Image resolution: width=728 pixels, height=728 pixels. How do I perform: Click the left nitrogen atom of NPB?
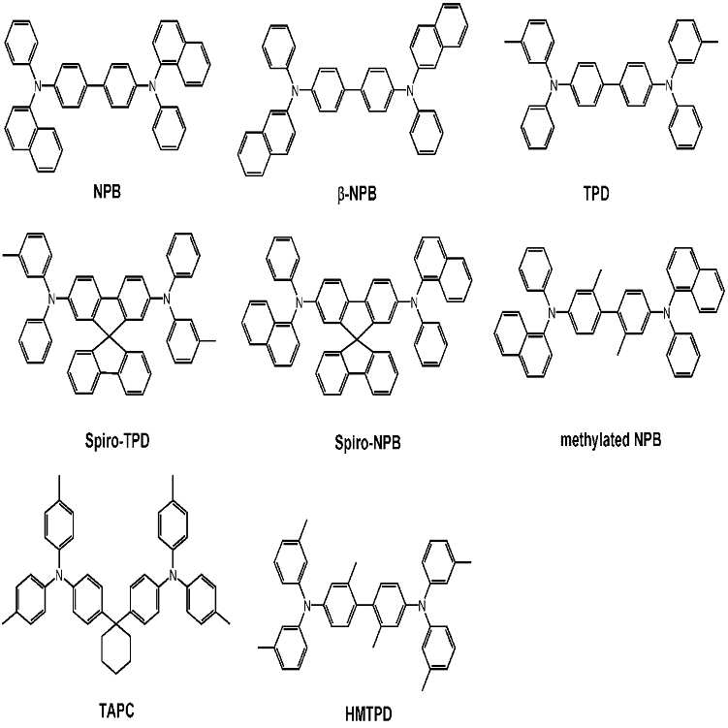(40, 86)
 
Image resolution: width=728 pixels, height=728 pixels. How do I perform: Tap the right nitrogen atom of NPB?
(152, 86)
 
